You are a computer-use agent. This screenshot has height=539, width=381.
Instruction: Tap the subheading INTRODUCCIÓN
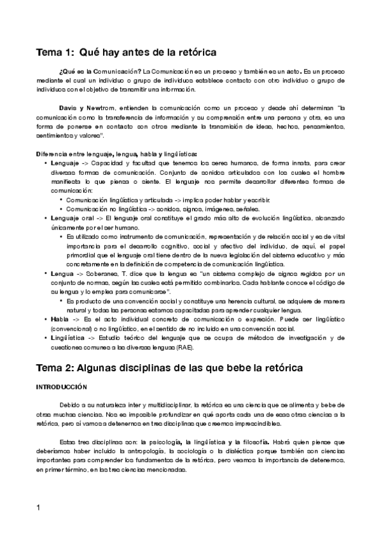point(61,386)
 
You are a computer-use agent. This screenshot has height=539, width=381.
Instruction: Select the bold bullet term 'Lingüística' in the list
point(69,338)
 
